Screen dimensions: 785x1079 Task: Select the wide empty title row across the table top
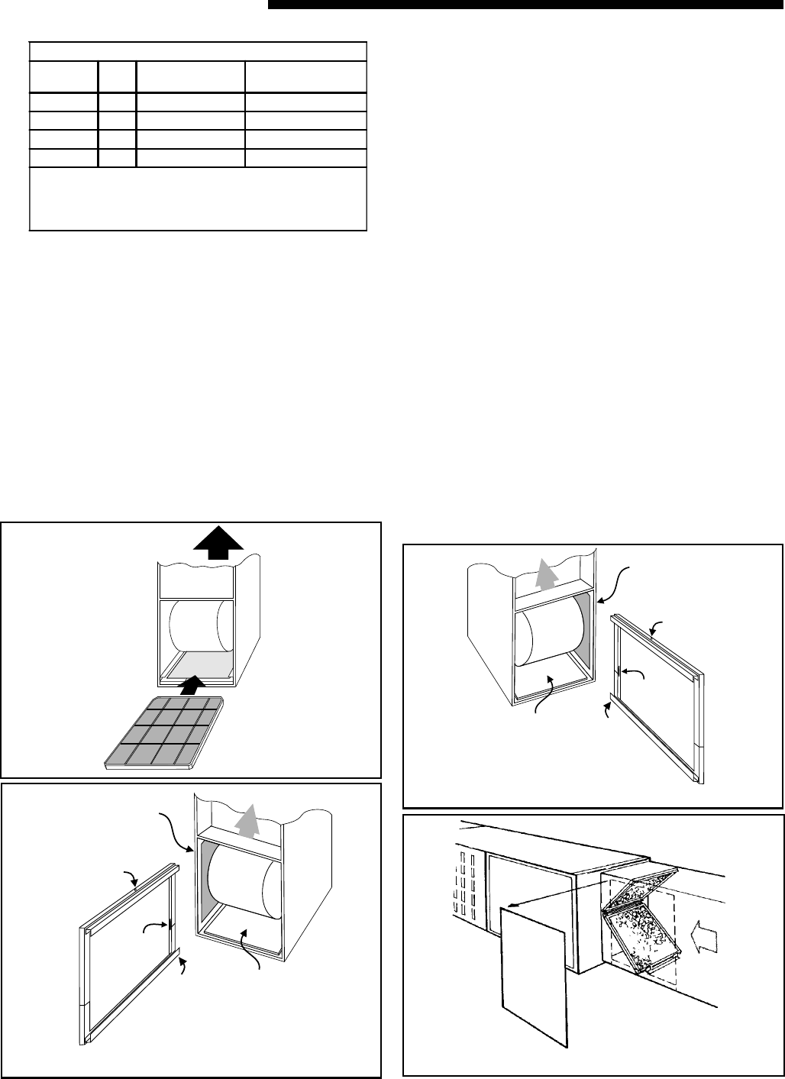pyautogui.click(x=198, y=51)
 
